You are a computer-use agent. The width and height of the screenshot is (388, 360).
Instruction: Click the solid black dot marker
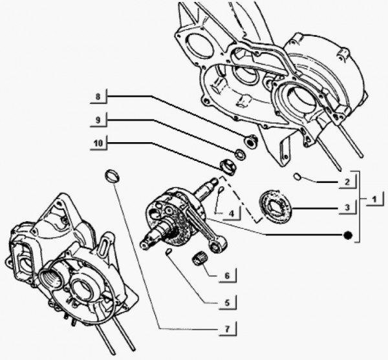click(x=349, y=235)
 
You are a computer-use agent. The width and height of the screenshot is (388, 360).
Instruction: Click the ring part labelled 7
click(x=113, y=175)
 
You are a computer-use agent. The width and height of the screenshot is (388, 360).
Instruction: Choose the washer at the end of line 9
click(x=239, y=154)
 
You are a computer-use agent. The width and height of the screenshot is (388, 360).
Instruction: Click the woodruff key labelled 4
click(x=221, y=190)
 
